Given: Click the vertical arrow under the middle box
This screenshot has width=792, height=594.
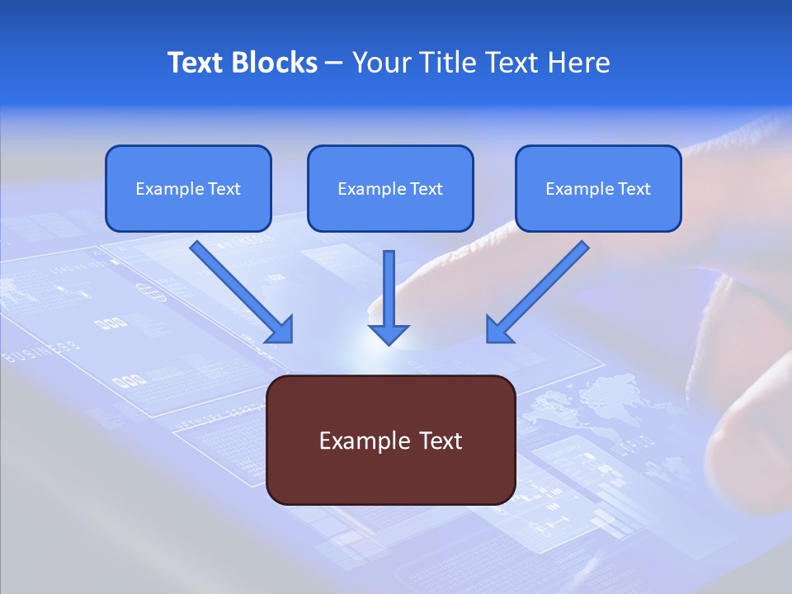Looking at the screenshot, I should pos(389,298).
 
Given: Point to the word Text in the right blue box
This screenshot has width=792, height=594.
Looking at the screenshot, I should pos(634,189).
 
